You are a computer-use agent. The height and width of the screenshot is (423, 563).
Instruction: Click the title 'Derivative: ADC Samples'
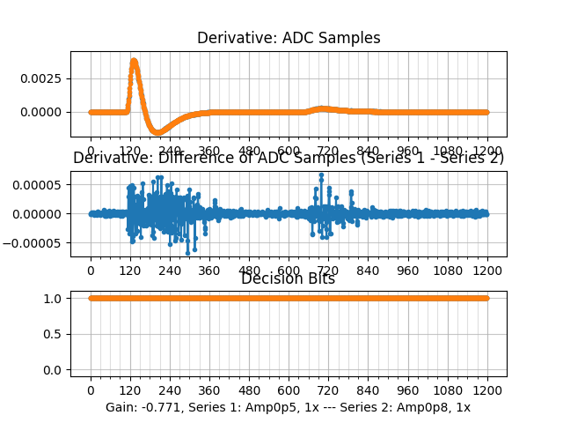[289, 38]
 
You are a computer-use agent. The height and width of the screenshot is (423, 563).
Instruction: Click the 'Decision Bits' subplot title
[288, 278]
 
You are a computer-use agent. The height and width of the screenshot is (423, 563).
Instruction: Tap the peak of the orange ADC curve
[134, 61]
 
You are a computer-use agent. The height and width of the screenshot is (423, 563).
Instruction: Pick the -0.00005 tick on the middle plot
[36, 242]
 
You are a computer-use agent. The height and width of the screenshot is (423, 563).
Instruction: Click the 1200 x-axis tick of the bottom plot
[487, 390]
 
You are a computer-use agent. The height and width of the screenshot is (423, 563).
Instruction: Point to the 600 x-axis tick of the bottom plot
[289, 390]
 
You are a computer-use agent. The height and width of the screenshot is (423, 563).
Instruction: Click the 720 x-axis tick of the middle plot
[328, 271]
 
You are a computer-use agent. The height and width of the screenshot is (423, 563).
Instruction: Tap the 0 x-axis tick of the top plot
[91, 151]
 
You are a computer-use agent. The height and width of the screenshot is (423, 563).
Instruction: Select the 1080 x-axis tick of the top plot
[448, 151]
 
